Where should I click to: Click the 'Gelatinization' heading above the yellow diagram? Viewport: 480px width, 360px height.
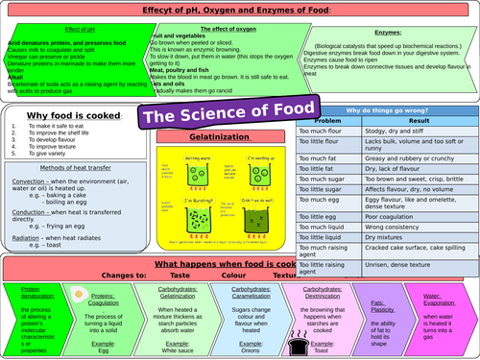(x=199, y=137)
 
